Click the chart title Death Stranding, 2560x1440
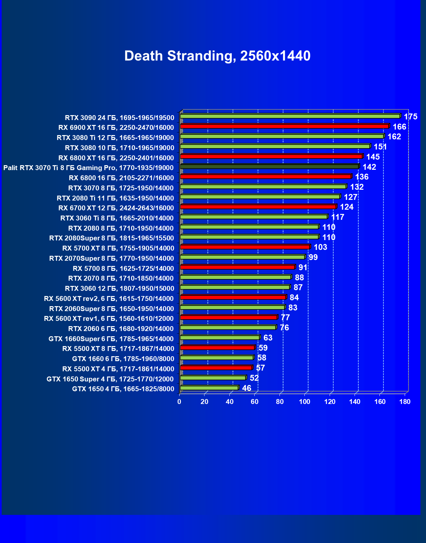coord(217,56)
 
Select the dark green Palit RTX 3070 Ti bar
coord(269,166)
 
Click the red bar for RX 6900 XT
coord(284,126)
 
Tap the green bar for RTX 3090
coord(290,116)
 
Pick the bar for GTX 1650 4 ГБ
coord(209,388)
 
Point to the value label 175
coord(410,116)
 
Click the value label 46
coord(246,388)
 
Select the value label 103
coord(320,247)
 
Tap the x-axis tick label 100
coord(305,402)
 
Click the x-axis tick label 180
coord(405,402)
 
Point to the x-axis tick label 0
coord(179,402)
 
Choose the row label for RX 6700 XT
coord(116,208)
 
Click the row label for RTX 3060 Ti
coord(117,218)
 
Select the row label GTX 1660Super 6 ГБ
coord(111,339)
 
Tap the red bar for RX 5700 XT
coord(245,247)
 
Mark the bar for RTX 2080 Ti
coord(260,197)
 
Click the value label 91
coord(303,267)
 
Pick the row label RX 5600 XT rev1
coord(109,319)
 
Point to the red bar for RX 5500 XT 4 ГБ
coord(216,368)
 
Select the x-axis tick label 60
coord(255,402)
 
